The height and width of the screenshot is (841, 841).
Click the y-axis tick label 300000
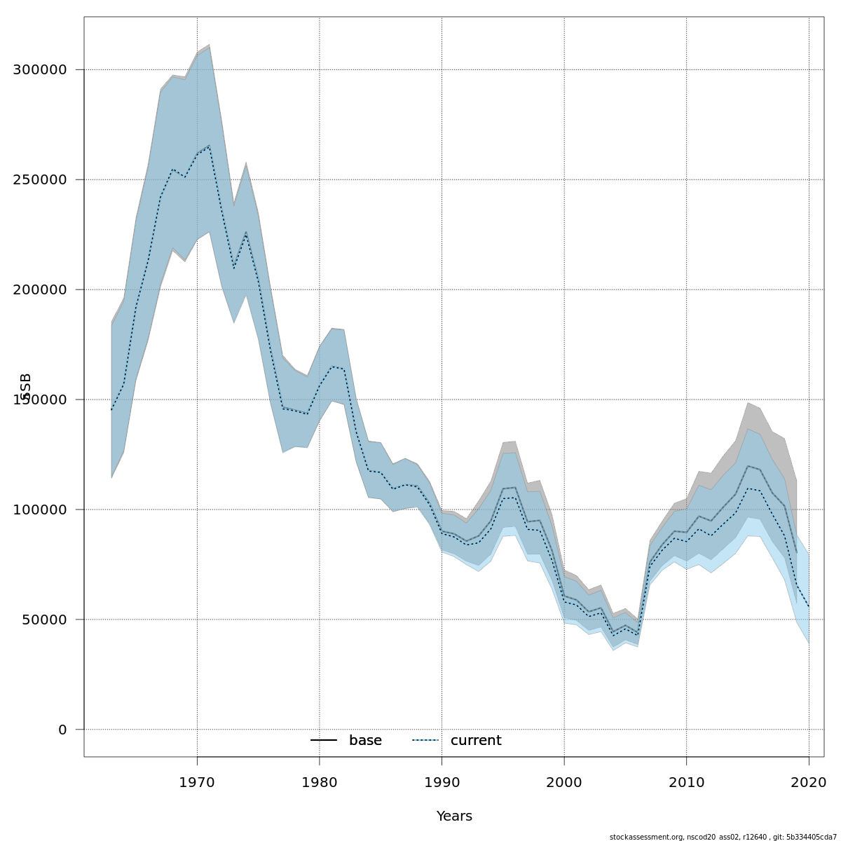[40, 70]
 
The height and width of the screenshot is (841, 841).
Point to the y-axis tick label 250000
[40, 180]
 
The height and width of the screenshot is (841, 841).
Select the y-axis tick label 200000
[40, 290]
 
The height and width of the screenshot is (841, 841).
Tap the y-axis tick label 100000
[40, 510]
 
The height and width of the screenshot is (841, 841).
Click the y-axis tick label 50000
[44, 620]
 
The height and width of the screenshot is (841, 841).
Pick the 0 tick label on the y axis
[62, 730]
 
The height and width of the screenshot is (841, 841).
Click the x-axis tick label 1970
[197, 781]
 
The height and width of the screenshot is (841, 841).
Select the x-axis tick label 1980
[320, 781]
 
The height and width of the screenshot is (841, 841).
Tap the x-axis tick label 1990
[442, 781]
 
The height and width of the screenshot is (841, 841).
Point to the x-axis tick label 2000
[564, 781]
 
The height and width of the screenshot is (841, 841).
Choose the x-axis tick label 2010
[686, 781]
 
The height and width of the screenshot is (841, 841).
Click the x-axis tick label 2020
[809, 781]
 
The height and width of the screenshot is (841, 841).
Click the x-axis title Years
[454, 816]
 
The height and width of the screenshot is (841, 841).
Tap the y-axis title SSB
[27, 386]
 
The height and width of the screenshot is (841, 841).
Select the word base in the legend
[365, 741]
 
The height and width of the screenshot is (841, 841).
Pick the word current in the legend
[476, 741]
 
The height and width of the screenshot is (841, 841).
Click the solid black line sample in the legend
[324, 741]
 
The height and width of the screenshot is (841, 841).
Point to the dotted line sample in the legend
[425, 741]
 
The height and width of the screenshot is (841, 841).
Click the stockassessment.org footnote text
[721, 837]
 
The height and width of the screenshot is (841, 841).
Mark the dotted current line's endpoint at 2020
[809, 606]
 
